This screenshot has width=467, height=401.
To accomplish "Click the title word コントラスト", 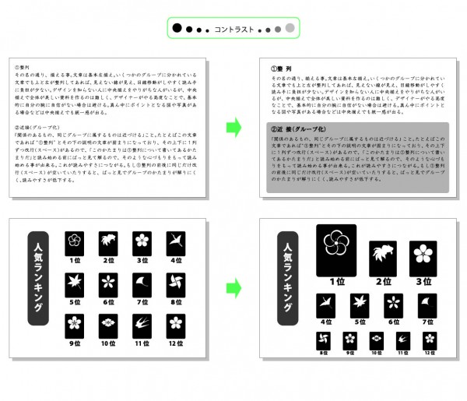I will click(233, 30).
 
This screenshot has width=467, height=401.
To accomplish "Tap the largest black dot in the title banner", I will click(177, 29).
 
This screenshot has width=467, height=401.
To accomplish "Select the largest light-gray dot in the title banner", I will click(290, 29).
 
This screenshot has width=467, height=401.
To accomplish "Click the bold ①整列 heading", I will click(280, 68).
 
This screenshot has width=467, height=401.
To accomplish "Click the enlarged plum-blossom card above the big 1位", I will click(335, 248).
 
